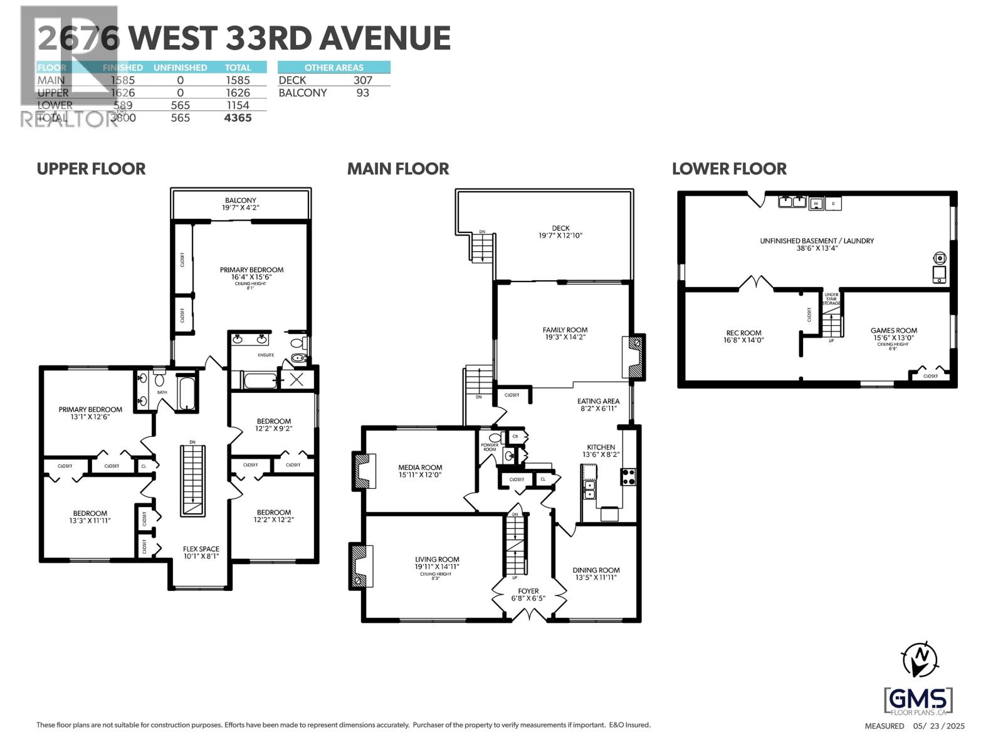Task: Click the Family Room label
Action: tap(565, 330)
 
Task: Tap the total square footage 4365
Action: tap(238, 118)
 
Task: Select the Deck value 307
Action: tap(362, 80)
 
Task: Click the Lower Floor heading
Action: tap(729, 169)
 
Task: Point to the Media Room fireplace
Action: tap(363, 471)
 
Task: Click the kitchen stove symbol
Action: tap(629, 476)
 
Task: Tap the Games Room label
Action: tap(893, 330)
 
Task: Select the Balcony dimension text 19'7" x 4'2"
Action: tap(241, 207)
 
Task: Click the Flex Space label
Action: tap(201, 549)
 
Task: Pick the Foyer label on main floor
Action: tap(528, 591)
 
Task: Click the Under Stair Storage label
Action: tap(831, 299)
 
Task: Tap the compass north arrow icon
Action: tap(920, 659)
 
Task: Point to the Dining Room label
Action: tap(596, 570)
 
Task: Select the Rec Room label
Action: tap(743, 333)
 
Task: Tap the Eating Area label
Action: tap(598, 401)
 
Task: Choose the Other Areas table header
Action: tap(333, 68)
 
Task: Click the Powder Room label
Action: tap(489, 447)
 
